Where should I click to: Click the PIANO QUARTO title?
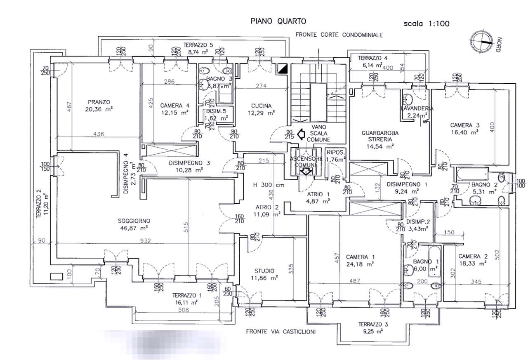[278, 21]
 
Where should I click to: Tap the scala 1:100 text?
[427, 24]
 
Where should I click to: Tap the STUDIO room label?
[264, 271]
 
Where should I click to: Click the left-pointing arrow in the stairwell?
[301, 133]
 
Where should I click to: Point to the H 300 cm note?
[269, 185]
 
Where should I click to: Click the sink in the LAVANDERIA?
[408, 99]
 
